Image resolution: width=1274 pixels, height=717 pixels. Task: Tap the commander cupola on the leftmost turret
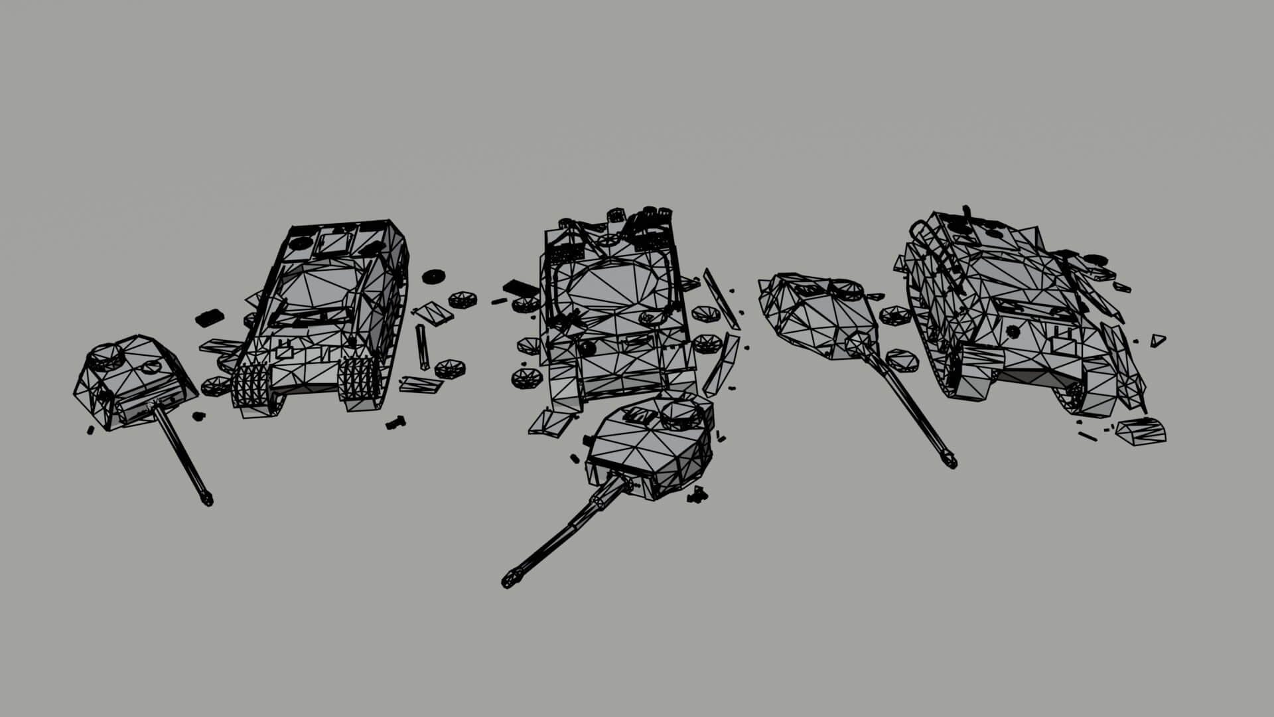point(106,356)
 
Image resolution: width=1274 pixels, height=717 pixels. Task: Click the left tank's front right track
point(357,385)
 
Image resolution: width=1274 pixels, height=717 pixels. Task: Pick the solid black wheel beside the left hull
point(433,276)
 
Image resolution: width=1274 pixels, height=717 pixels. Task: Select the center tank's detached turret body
point(650,448)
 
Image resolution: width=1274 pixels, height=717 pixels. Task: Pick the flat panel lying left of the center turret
point(551,422)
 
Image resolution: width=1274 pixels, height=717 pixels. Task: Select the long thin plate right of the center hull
point(720,299)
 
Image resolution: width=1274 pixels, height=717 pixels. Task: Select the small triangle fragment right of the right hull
point(1157,340)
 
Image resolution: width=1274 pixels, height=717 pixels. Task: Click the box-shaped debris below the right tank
point(1141,432)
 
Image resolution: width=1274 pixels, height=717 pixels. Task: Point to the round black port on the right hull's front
point(1013,331)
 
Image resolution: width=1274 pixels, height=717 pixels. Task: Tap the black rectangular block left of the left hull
point(208,317)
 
